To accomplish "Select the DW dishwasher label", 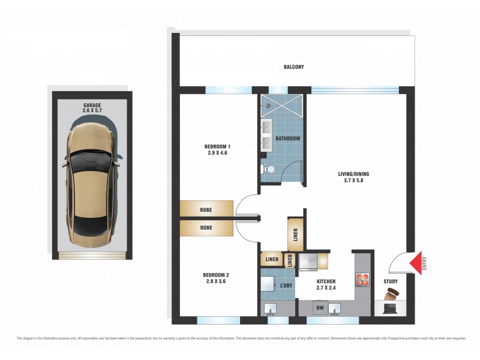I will click(x=320, y=308).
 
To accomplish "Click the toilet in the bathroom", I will click(x=267, y=170).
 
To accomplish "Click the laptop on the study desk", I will click(x=390, y=309).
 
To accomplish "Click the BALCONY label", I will click(x=294, y=67).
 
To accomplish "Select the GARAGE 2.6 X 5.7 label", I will click(x=92, y=107).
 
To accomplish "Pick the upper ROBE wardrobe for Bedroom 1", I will click(x=206, y=209).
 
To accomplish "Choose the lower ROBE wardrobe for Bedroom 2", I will click(x=206, y=228).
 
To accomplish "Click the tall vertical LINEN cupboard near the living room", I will click(x=296, y=235).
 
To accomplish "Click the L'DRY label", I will click(x=286, y=286).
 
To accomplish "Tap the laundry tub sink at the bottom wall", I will click(x=270, y=309).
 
